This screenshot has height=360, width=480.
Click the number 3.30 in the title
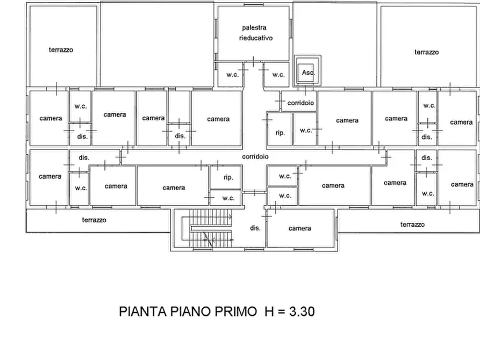coord(302,312)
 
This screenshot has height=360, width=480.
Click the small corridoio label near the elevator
coord(300,103)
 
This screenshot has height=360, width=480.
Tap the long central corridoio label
coord(255,157)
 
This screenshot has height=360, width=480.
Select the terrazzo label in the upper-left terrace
coord(61,49)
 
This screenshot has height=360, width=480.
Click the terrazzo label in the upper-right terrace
coord(427,52)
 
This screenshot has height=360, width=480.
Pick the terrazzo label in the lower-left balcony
coord(94,220)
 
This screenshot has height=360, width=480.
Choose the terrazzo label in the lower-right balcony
coord(412,225)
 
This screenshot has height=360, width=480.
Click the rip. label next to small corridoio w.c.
coord(280,133)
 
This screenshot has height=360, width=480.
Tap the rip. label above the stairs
coord(228,177)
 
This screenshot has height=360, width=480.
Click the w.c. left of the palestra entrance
coord(233,75)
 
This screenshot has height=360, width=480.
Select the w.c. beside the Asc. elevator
coord(278,75)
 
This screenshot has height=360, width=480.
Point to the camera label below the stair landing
coord(300,228)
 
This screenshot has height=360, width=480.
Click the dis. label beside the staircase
coord(255,228)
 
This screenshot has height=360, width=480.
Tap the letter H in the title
coord(269,312)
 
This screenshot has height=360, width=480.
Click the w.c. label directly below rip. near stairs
coord(228,198)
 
